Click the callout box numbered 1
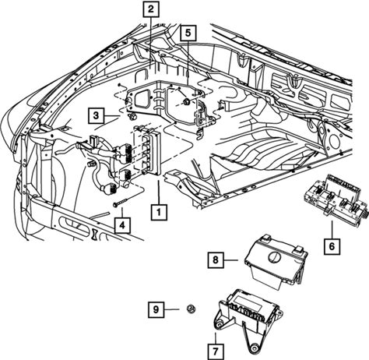159,212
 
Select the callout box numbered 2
151,9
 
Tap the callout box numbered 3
96,115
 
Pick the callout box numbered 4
122,225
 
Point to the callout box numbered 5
188,33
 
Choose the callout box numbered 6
332,246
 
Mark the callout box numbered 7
216,352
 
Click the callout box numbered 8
216,260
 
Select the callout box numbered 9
156,309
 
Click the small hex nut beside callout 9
191,309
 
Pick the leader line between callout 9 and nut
171,309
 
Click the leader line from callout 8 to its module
230,260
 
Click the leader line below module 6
332,229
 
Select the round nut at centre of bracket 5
186,102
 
